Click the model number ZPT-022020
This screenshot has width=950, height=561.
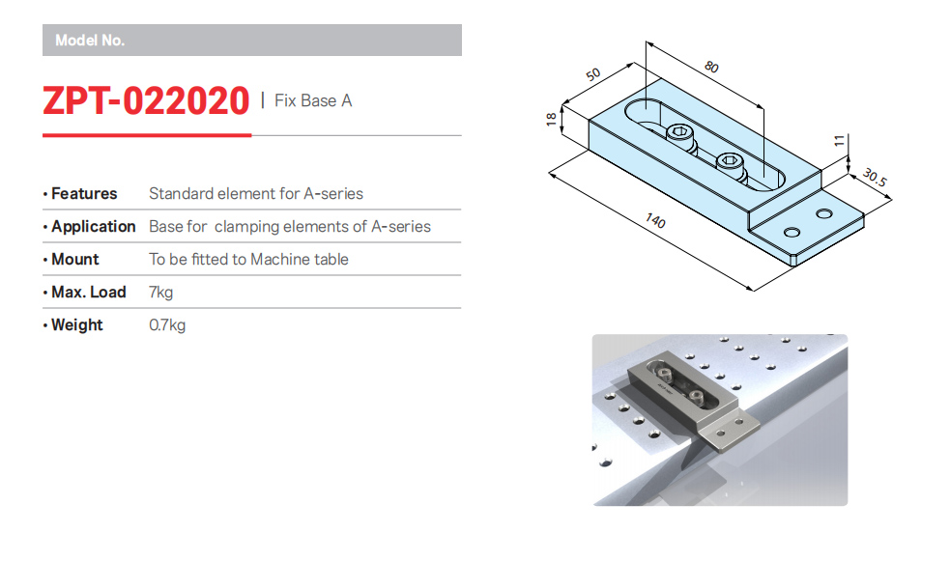point(145,100)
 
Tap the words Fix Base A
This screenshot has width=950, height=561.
point(312,100)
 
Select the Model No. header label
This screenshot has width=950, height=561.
point(90,41)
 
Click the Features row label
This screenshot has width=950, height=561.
point(84,194)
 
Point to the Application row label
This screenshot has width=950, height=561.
point(94,226)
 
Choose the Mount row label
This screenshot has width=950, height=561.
point(75,259)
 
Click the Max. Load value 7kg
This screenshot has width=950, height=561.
point(161,293)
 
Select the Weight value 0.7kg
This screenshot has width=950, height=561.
point(167,325)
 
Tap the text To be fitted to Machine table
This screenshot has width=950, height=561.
point(248,259)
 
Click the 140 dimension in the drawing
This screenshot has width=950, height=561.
point(655,220)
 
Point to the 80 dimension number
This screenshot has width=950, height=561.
point(711,67)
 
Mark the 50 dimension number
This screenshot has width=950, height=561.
point(593,74)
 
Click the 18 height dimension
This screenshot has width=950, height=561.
point(551,119)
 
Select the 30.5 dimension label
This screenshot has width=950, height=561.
point(875,178)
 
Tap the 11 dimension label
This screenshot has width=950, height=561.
point(839,141)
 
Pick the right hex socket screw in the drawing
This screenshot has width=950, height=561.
point(730,162)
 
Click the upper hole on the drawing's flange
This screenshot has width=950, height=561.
point(824,213)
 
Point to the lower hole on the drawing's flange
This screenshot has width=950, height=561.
point(792,233)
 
